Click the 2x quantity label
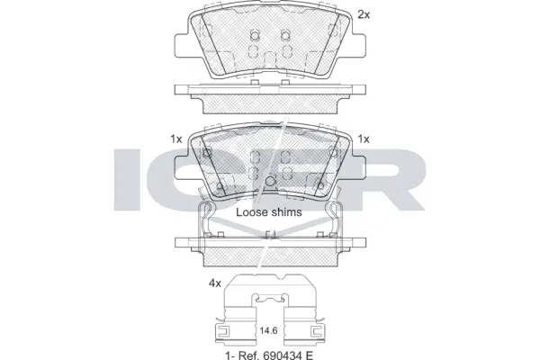click(x=364, y=13)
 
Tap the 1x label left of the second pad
click(x=176, y=139)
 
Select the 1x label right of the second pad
click(x=364, y=139)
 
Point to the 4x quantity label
click(x=215, y=283)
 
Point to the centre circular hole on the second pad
click(x=270, y=183)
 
